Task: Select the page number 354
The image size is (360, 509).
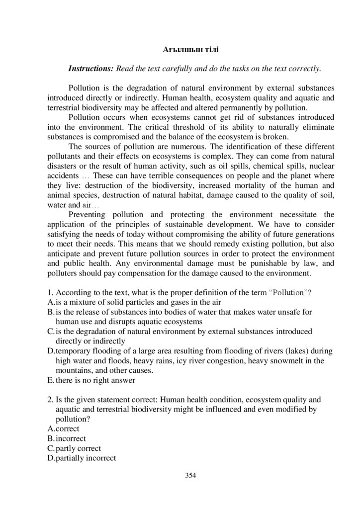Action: (x=191, y=476)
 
